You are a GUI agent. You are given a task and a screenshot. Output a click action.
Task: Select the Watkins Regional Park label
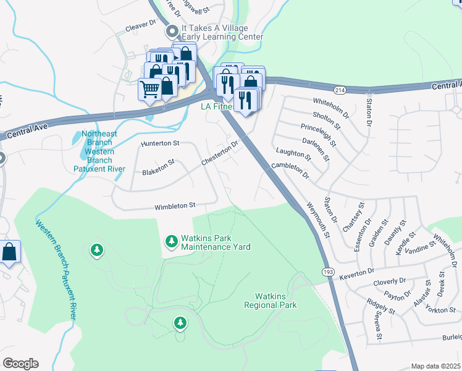click(x=271, y=301)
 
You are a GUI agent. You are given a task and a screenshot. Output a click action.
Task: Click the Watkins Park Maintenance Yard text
click(x=215, y=242)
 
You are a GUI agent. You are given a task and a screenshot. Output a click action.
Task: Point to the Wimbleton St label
click(x=175, y=205)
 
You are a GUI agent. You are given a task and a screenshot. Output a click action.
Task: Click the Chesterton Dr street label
click(x=219, y=153)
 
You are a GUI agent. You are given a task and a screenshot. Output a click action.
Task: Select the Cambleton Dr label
click(x=290, y=170)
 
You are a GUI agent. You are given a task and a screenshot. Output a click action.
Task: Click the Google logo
click(x=20, y=364)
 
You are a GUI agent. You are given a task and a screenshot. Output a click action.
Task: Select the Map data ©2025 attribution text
click(x=435, y=366)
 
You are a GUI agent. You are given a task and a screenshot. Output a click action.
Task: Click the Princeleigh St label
click(x=318, y=135)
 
